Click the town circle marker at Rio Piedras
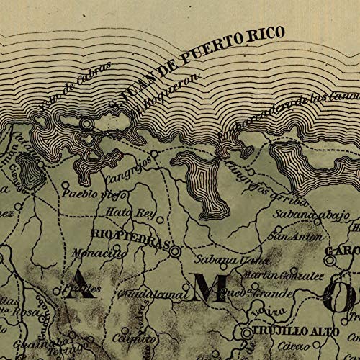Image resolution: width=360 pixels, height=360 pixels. coord(174,251)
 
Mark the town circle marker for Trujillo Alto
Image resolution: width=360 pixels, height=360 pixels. coord(246,333)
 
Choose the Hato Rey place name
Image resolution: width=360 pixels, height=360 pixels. coord(126,212)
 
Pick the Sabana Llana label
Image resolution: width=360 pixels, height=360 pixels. coord(220,260)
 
